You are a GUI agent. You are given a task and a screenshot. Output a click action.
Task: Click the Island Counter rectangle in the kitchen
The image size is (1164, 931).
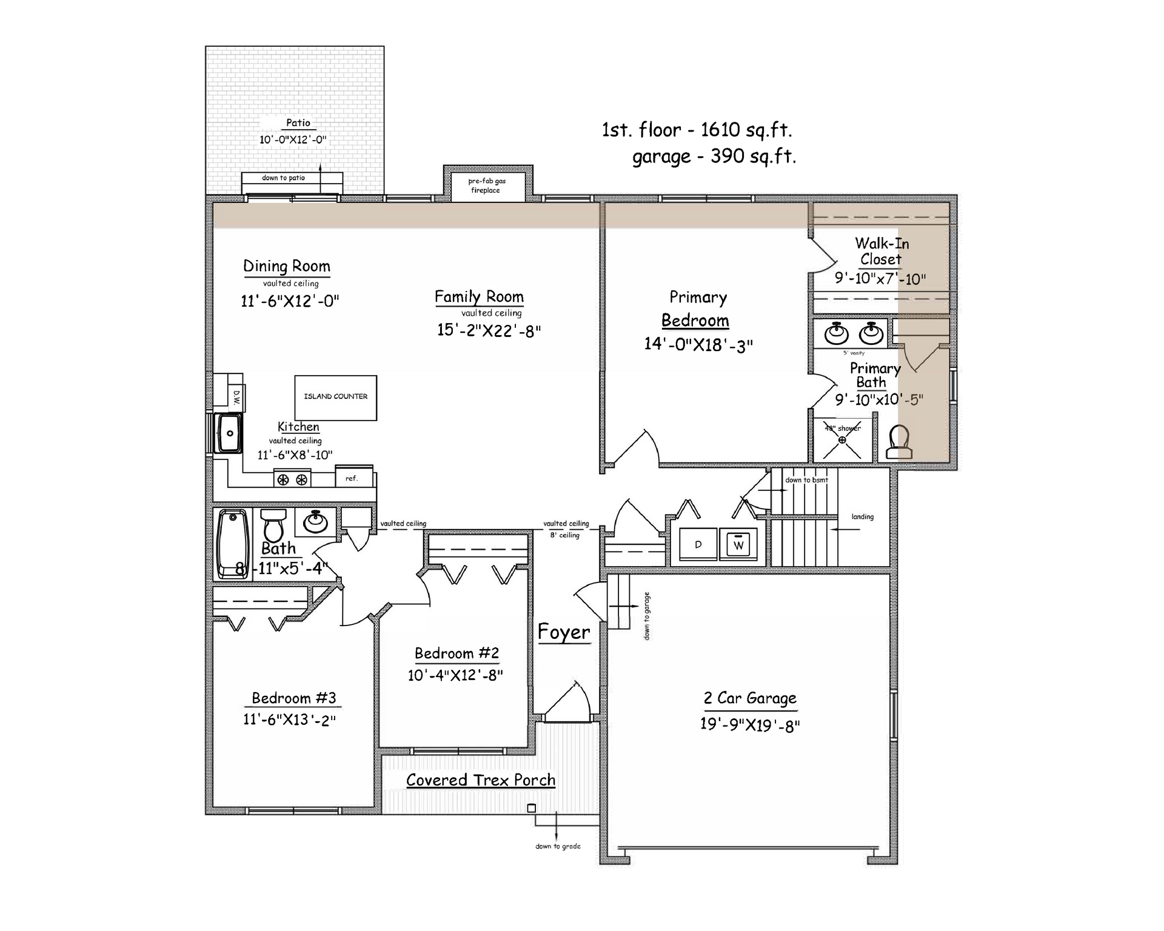(336, 398)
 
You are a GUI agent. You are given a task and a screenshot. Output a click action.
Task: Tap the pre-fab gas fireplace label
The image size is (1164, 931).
(486, 185)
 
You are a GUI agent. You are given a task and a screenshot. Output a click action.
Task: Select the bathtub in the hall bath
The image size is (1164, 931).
(233, 544)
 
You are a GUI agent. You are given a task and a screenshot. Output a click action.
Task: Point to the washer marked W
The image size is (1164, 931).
(738, 544)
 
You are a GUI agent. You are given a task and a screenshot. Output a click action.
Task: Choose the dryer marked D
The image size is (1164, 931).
(698, 544)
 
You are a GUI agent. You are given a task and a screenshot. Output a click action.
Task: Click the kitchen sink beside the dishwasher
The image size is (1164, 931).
(230, 433)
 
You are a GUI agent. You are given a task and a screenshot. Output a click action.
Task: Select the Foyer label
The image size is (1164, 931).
(564, 632)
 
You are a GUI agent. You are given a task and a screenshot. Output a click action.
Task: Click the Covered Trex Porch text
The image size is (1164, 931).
(481, 780)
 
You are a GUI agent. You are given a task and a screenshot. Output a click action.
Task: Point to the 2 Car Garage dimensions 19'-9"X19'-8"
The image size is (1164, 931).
(750, 725)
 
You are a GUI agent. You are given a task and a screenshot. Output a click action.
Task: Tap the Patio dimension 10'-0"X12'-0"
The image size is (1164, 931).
(293, 139)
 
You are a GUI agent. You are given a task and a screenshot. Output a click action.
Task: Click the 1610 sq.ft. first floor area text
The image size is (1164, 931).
(746, 130)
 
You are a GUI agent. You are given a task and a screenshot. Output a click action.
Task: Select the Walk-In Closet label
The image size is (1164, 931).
(881, 252)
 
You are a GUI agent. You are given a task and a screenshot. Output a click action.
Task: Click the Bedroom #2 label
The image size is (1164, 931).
(457, 653)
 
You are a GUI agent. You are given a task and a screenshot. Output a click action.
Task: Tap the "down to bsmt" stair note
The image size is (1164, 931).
(806, 480)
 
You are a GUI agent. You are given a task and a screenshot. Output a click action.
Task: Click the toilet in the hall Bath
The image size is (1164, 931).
(273, 524)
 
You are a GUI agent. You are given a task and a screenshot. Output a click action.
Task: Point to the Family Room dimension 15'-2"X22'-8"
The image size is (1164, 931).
(489, 330)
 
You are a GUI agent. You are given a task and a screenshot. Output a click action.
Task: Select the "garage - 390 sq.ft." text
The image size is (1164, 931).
(714, 157)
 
